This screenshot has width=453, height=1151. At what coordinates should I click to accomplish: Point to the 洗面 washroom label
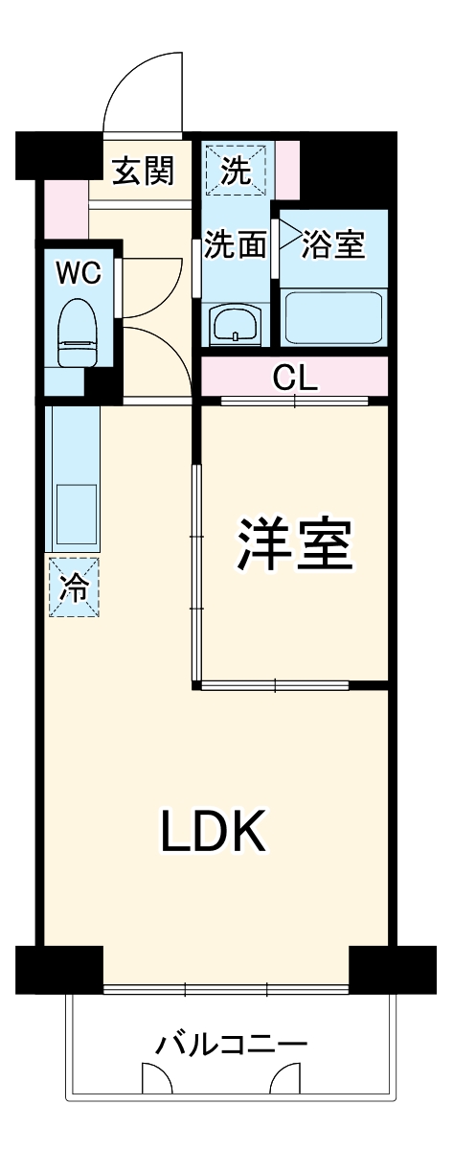coord(236,246)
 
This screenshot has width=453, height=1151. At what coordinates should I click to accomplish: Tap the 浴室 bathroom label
coord(333,245)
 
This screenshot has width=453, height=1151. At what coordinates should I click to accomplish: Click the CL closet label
coord(295,377)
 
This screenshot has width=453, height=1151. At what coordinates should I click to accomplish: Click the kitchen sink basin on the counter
coord(76,506)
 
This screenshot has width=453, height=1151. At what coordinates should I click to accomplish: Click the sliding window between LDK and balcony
coord(225,989)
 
